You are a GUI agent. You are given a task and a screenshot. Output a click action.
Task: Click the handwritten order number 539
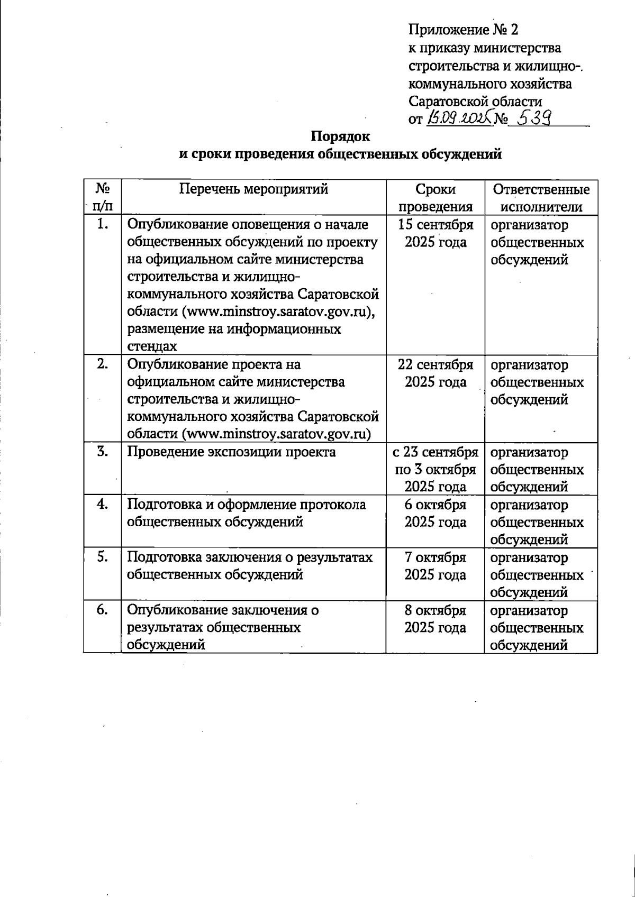point(534,118)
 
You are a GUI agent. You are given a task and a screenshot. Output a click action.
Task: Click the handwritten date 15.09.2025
point(458,118)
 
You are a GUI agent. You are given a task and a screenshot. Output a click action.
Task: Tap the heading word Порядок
point(340,136)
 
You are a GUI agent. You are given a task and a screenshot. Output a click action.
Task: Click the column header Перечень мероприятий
point(253,189)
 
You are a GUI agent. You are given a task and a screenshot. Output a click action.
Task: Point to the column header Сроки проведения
point(435,198)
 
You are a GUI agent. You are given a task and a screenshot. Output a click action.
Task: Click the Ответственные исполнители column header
point(541,198)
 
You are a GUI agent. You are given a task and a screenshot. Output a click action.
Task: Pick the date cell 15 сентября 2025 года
point(435,233)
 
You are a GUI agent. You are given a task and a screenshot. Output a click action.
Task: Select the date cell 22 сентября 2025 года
point(435,373)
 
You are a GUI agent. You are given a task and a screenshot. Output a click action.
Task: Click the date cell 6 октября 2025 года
point(435,513)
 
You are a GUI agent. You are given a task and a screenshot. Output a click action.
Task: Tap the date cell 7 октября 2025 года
point(435,566)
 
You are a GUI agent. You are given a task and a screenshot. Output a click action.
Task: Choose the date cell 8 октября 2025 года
point(435,619)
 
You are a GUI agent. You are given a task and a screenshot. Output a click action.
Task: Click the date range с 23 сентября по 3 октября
point(435,461)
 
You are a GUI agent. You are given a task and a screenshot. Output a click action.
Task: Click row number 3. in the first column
point(103,452)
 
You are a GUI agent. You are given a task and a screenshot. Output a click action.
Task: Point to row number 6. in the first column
point(103,610)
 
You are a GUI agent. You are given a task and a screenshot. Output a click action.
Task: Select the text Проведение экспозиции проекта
point(231,452)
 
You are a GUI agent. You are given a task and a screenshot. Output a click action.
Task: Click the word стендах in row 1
point(152,346)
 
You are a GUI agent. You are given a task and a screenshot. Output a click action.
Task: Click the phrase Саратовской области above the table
point(475,101)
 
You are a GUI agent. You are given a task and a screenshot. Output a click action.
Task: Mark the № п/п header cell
point(103,198)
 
